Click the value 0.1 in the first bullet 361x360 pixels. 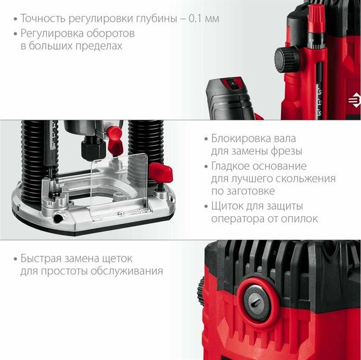coord(195,19)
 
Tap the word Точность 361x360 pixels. coord(43,19)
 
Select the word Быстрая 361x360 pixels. coord(41,258)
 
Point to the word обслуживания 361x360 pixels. coord(126,271)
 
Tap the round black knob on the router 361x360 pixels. coord(287,59)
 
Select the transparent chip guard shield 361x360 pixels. coord(120,186)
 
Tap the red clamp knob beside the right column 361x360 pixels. coord(161,172)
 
